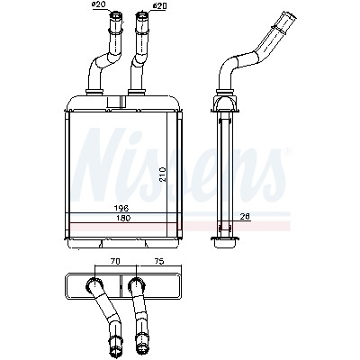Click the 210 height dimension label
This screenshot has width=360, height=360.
(162, 175)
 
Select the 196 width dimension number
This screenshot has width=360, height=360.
(121, 208)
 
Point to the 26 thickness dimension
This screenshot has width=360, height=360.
(246, 217)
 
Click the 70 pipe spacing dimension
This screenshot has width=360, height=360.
(114, 261)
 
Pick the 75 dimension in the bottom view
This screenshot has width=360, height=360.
(159, 261)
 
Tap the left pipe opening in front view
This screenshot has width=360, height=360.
(116, 13)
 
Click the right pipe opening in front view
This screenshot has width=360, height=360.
(142, 13)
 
